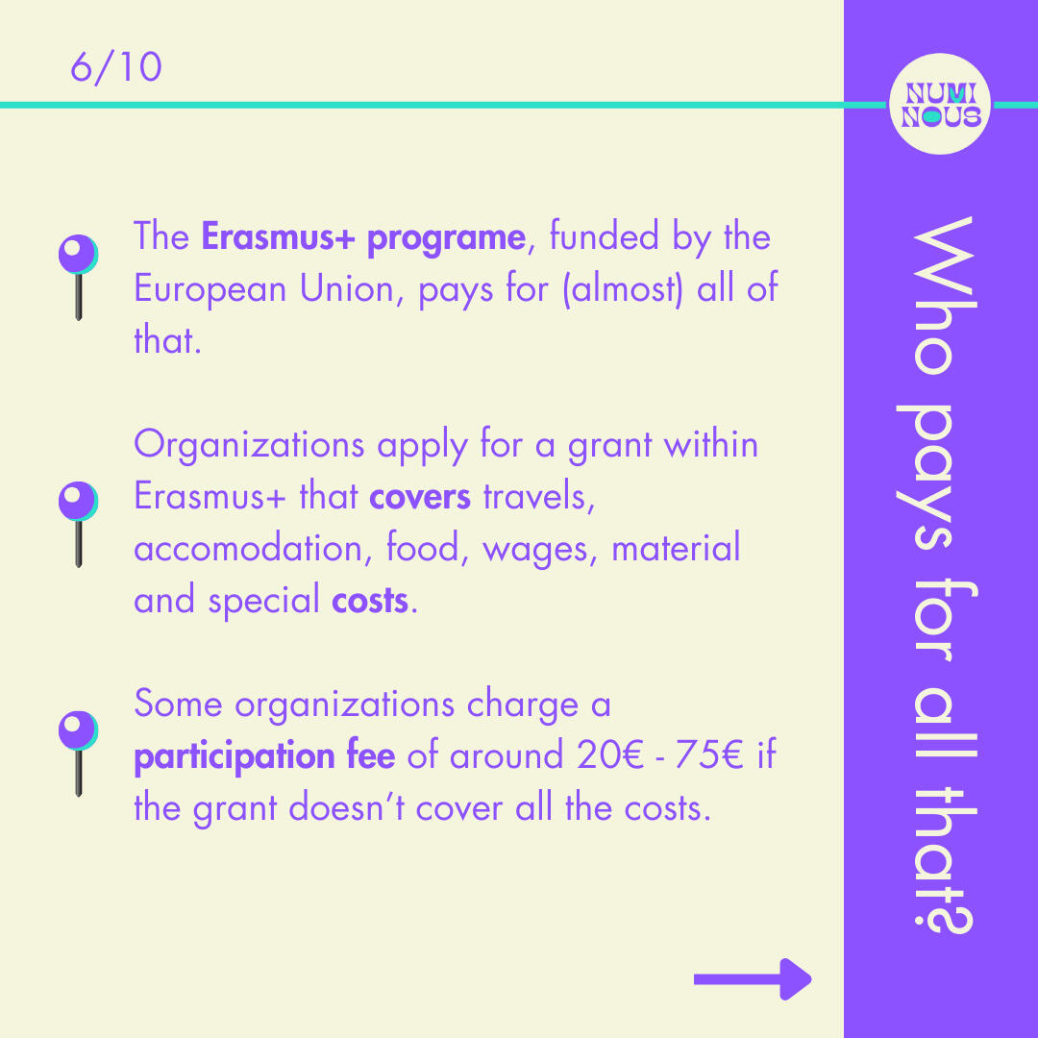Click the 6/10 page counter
[116, 67]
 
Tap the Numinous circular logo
[940, 104]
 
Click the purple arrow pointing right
[753, 979]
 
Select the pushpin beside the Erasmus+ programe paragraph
[78, 277]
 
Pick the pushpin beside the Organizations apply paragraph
[78, 525]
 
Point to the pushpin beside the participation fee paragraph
[78, 754]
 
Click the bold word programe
[446, 238]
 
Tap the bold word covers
[420, 497]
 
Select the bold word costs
[370, 601]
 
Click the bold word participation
[235, 756]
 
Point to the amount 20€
[609, 754]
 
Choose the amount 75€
[708, 754]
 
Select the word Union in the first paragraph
[347, 288]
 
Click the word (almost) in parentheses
[622, 289]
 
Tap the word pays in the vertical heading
[934, 478]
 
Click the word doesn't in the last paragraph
[347, 807]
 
